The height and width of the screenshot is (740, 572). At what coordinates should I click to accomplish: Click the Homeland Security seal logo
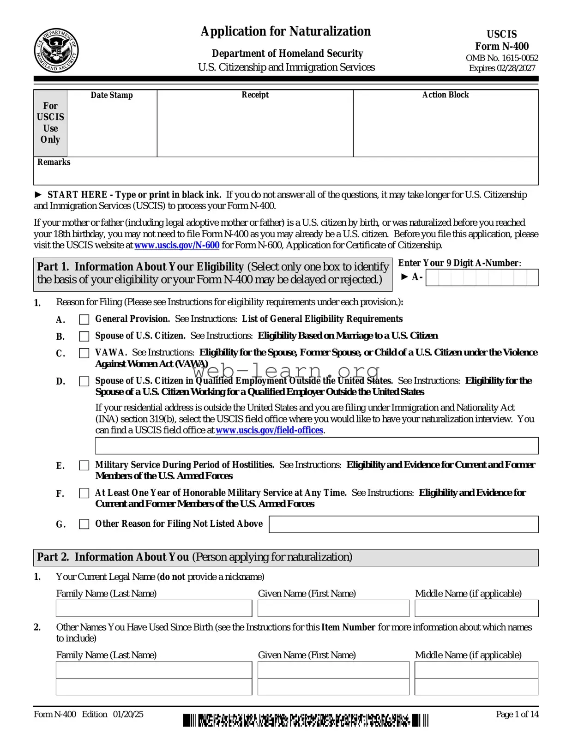(x=56, y=50)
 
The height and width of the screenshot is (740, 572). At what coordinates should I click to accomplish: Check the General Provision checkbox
(x=84, y=319)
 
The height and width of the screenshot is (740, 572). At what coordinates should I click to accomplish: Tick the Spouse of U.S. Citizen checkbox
(x=84, y=336)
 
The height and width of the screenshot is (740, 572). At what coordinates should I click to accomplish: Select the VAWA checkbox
(x=84, y=353)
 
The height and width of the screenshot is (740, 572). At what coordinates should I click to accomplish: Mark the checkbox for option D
(x=84, y=381)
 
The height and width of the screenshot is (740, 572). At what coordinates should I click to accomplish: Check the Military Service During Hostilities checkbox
(x=84, y=465)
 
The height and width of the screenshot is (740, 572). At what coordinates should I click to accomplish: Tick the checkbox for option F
(x=84, y=493)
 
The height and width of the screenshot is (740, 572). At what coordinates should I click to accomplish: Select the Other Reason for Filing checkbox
(x=84, y=524)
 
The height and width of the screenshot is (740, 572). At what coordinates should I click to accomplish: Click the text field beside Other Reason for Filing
(x=403, y=524)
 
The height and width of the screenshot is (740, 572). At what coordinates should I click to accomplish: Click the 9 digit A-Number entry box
(x=482, y=278)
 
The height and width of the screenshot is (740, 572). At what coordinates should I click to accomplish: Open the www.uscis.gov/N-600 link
(x=177, y=245)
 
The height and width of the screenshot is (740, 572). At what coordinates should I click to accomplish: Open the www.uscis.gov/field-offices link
(x=269, y=430)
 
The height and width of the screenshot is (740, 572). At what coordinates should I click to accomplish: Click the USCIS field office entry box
(x=316, y=445)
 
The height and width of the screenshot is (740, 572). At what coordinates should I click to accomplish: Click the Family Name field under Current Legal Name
(x=154, y=608)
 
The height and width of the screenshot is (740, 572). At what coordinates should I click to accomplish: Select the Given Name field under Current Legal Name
(x=333, y=608)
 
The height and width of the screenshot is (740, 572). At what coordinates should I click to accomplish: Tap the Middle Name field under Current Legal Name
(x=476, y=608)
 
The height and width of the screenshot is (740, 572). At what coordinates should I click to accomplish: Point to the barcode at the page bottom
(x=305, y=720)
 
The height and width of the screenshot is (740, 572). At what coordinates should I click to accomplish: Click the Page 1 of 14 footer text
(x=517, y=714)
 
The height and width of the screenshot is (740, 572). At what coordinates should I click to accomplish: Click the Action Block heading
(x=445, y=95)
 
